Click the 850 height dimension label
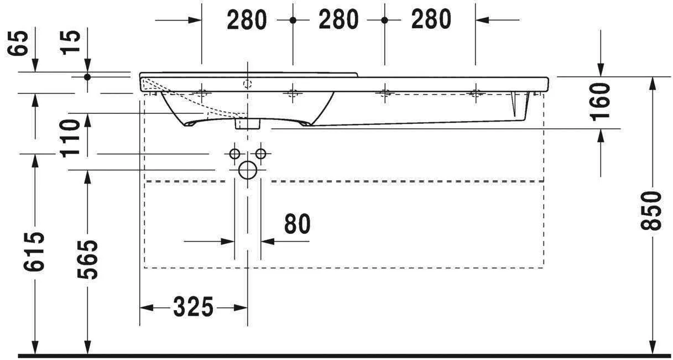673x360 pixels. pos(651,211)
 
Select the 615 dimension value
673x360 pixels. pos(34,252)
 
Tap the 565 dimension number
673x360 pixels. pos(87,260)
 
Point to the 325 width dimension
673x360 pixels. pos(193,307)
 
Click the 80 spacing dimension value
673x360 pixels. pos(298,224)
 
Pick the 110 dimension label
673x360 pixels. pos(70,139)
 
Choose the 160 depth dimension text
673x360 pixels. pos(601,102)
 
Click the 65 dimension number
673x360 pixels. pos(18,43)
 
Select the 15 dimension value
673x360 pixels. pos(70,43)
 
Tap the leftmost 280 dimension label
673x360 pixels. pos(247,20)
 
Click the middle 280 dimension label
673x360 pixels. pos(338,20)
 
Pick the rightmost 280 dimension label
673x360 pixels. pos(431,20)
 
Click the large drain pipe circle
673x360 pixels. pos(248,170)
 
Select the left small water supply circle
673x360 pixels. pos(234,154)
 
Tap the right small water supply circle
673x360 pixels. pos(260,154)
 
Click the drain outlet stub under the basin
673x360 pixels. pos(247,123)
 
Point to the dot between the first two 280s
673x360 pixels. pos(293,20)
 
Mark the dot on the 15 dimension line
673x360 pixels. pos(87,77)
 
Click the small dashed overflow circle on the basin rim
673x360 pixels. pos(248,84)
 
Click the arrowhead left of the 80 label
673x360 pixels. pos(227,241)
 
